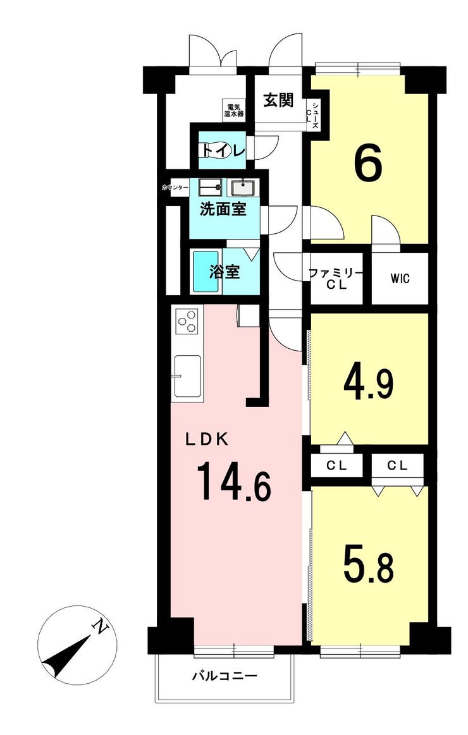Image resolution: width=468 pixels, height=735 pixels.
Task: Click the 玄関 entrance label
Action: [x=278, y=100]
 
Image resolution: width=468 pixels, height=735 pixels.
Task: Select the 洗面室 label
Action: [x=223, y=209]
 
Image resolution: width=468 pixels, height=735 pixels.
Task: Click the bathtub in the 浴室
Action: [x=206, y=272]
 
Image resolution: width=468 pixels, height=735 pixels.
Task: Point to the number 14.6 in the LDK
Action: [x=235, y=481]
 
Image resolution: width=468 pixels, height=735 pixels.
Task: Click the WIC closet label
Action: [x=400, y=279]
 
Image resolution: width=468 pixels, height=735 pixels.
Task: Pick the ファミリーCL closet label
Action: [x=336, y=279]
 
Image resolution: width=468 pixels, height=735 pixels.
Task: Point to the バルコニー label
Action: [x=225, y=676]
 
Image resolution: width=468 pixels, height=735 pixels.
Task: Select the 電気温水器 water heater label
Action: [x=233, y=110]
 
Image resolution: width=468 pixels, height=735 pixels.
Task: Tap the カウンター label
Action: [x=175, y=188]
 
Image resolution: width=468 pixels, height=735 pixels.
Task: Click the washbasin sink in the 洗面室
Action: [x=242, y=188]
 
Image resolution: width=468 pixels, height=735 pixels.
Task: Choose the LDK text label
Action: [x=207, y=439]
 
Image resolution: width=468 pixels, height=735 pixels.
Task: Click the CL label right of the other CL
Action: [x=398, y=466]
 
